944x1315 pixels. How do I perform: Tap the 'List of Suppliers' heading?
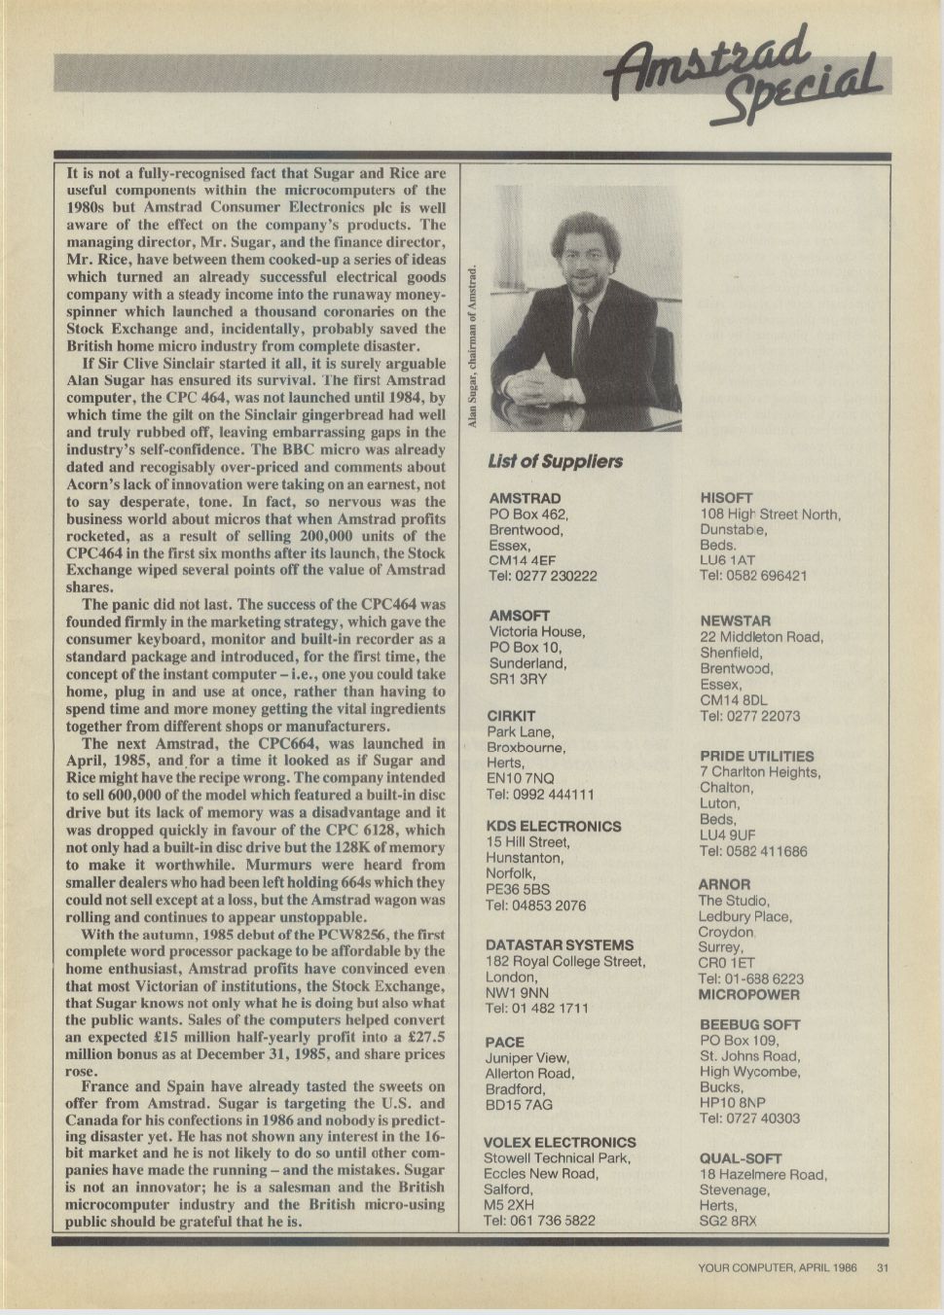555,461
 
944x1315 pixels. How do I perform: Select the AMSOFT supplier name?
519,616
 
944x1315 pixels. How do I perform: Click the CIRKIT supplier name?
511,716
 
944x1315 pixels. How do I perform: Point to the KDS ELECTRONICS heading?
553,826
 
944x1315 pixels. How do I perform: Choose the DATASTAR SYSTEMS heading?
559,944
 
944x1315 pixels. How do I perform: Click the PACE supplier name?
504,1042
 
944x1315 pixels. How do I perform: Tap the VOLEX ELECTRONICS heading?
560,1142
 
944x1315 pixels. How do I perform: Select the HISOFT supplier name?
726,498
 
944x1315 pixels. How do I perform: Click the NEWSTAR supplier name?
735,621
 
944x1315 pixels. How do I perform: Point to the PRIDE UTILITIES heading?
756,756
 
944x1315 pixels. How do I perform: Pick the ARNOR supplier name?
724,884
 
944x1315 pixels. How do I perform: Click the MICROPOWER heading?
748,995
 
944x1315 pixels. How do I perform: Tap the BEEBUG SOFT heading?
749,1024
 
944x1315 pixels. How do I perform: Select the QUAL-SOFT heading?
741,1158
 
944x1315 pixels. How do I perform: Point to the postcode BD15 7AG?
518,1105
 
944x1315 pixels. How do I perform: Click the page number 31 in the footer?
882,1267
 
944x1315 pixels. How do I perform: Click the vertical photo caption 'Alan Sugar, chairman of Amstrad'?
473,345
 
